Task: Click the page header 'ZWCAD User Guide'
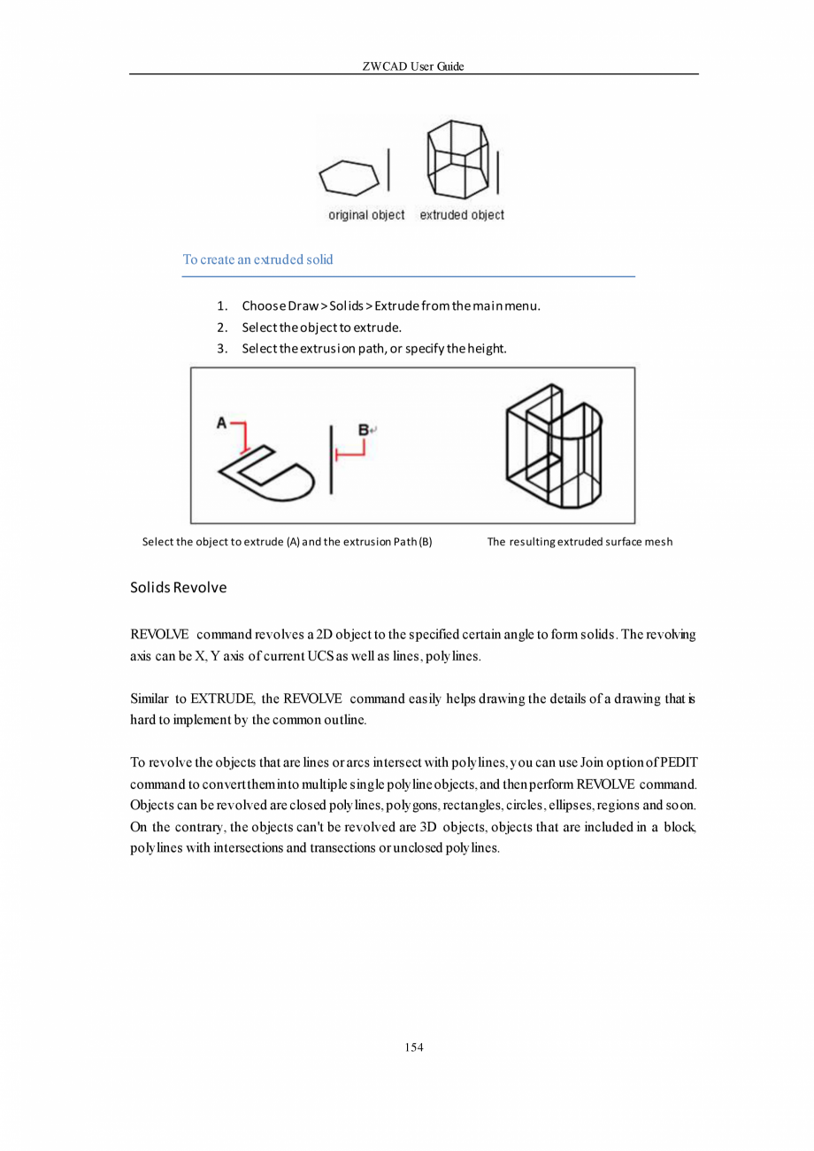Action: point(413,66)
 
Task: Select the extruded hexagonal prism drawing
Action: point(457,159)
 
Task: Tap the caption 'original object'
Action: point(366,215)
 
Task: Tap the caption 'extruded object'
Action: point(462,215)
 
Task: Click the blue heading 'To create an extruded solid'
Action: point(257,259)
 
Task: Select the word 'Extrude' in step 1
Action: point(397,307)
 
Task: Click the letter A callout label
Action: point(222,423)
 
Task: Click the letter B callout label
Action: point(363,429)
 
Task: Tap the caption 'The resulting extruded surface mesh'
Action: point(580,541)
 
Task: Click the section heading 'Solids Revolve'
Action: point(178,588)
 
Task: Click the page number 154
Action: point(413,1047)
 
